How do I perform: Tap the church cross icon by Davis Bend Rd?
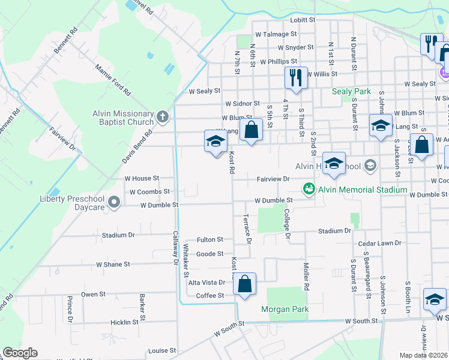[x=162, y=115]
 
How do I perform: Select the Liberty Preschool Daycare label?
[x=72, y=203]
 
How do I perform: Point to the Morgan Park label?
[x=285, y=310]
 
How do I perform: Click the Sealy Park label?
[x=352, y=91]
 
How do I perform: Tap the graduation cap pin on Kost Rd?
[x=215, y=142]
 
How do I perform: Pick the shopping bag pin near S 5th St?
[x=252, y=130]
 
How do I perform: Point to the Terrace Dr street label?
[x=247, y=230]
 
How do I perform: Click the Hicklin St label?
[x=124, y=322]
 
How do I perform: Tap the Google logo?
[x=20, y=353]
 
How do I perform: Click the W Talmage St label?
[x=276, y=35]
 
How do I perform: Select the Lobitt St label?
[x=303, y=20]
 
